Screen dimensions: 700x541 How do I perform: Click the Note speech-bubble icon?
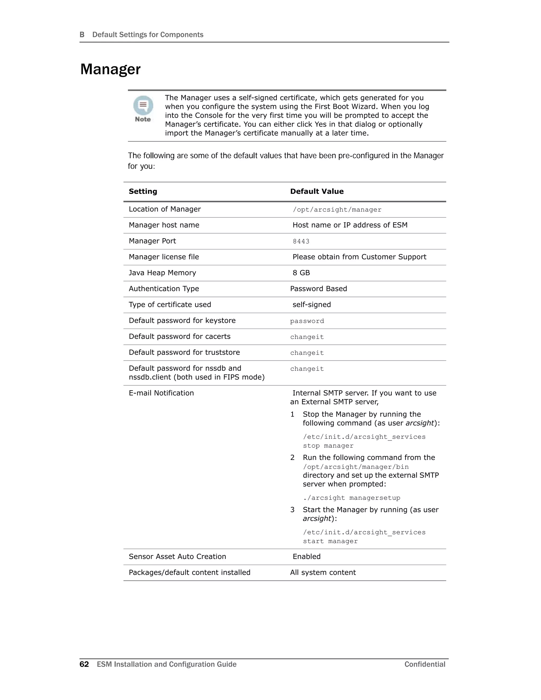143,106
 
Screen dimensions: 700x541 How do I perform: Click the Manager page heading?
110,69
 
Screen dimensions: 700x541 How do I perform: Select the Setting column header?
143,191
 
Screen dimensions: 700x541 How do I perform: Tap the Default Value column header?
317,191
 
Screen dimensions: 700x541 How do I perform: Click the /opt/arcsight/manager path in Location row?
337,210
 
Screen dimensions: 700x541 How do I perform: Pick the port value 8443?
301,241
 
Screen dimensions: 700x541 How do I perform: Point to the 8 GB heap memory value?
301,273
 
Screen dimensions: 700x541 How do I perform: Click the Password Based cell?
318,289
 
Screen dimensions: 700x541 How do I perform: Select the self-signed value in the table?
311,305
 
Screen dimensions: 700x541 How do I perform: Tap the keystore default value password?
307,321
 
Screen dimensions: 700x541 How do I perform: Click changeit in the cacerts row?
307,337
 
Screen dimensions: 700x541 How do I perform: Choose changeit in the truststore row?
307,353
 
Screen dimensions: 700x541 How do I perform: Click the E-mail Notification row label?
161,393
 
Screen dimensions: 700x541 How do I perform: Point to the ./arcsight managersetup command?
352,498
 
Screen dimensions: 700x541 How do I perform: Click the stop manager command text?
328,446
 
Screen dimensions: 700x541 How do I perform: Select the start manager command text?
330,541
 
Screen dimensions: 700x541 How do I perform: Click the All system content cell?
323,572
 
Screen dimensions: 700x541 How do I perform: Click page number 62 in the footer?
84,664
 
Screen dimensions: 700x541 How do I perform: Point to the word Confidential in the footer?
425,664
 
